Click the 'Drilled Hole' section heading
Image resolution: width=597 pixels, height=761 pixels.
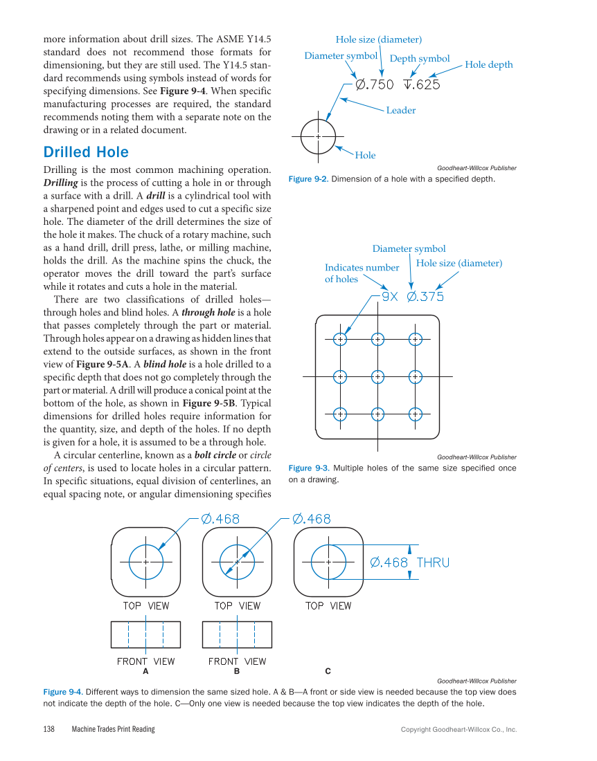(x=86, y=152)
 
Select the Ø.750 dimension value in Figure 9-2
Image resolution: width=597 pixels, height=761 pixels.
(x=375, y=84)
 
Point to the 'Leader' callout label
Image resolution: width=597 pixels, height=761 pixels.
(x=400, y=110)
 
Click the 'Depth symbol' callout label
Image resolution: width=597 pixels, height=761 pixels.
(x=420, y=59)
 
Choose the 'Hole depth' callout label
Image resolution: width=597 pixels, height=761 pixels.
(x=489, y=64)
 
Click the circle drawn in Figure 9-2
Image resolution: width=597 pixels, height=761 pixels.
(x=318, y=136)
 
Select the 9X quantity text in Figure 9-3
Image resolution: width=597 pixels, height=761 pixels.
(x=390, y=297)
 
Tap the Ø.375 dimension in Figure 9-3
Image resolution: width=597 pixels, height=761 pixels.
(x=425, y=297)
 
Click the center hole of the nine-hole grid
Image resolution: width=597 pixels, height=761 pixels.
(x=377, y=376)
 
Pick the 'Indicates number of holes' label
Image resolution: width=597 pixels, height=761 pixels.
(x=362, y=273)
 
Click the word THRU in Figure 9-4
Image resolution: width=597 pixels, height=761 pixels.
(x=433, y=562)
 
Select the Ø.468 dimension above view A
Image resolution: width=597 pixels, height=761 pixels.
(x=220, y=519)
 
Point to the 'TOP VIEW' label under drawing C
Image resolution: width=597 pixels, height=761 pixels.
(x=328, y=606)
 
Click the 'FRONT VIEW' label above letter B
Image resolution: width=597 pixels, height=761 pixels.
(x=237, y=661)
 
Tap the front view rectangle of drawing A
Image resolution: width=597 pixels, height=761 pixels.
(x=145, y=634)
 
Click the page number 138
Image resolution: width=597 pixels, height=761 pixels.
(x=49, y=729)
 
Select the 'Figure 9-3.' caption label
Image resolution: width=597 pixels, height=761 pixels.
(x=308, y=468)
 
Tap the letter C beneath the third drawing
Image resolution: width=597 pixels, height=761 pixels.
(x=328, y=671)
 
